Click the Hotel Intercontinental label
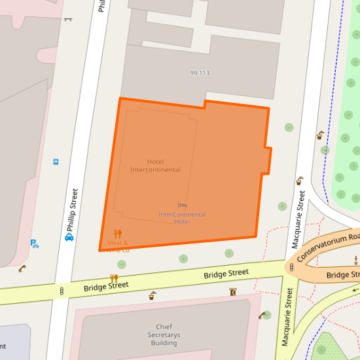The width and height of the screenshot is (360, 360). point(155,166)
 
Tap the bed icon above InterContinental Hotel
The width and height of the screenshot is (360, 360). point(182,206)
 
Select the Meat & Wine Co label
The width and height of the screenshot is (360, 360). point(118,246)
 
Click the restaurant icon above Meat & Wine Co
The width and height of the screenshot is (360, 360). point(118,234)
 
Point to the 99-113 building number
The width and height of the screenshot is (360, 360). point(200,73)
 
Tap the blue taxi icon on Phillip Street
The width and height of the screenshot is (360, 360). point(69,238)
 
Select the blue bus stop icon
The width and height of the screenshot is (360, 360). point(56,161)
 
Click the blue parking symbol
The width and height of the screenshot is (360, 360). point(34,243)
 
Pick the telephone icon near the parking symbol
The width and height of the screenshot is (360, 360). point(22,268)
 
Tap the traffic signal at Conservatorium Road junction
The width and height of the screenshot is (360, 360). point(291,267)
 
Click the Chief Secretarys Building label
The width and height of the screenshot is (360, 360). point(164,334)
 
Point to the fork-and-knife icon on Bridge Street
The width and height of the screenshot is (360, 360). point(115,278)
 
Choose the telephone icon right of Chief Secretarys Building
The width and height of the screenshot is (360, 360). point(262,315)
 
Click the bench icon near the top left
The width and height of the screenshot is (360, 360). point(68,20)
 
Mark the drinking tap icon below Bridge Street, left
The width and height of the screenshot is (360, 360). point(153,295)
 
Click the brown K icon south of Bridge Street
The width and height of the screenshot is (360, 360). point(232,292)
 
